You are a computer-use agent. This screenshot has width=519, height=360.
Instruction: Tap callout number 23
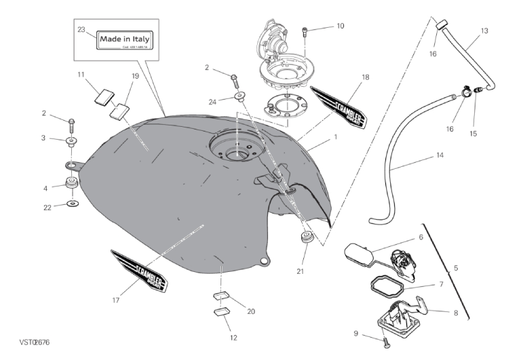click(x=81, y=30)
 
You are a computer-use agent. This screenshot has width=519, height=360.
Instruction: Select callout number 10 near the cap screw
click(x=340, y=26)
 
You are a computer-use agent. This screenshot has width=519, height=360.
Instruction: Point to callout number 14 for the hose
click(x=440, y=155)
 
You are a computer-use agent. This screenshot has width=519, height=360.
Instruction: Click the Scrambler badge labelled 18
click(x=339, y=108)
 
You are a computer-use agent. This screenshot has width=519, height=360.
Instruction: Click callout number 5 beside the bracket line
click(x=456, y=268)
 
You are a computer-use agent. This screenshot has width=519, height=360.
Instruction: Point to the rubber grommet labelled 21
click(x=305, y=239)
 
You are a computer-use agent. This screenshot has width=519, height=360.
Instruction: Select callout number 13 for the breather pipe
click(x=484, y=31)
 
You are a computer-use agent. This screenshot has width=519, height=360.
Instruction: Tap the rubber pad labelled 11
click(x=104, y=96)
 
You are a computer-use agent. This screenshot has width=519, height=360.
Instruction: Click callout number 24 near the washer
click(x=212, y=102)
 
